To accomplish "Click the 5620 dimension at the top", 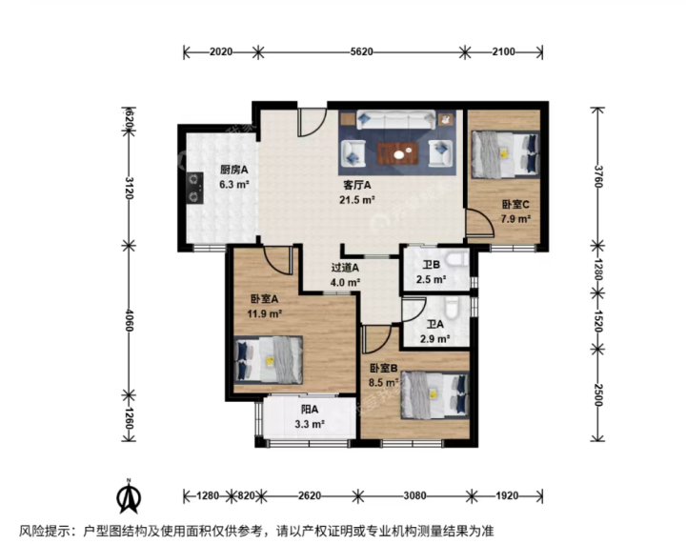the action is pos(361,51).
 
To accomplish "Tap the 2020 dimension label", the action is pos(221,51).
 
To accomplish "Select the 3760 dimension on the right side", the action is pos(598,176).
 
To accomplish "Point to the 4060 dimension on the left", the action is pos(129,320).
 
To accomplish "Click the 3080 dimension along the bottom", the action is pos(414,495).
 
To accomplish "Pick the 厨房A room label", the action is pos(234,170).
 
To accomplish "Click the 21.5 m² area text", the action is pos(357,200).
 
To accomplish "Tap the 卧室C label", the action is pos(515,204).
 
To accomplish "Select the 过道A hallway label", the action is pos(345,267).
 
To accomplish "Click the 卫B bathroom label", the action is pos(431,265).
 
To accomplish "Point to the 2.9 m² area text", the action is pos(435,338).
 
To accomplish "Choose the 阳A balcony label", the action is pos(310,410).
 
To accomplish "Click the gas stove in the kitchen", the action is pos(195,188).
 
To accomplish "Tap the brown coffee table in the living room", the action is pos(397,153).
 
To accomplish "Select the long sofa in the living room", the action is pos(396,120).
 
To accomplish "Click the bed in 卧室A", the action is pos(268,360).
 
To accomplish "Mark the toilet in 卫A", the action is pos(452,307).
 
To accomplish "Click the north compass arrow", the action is pos(129,496).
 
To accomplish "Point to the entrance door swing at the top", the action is pos(313,120).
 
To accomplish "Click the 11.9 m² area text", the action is pos(264,313).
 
